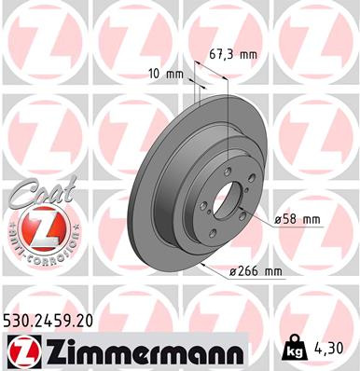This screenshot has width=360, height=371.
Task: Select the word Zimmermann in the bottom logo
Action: tap(141, 350)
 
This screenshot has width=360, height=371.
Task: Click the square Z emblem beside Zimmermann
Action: tap(21, 350)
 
